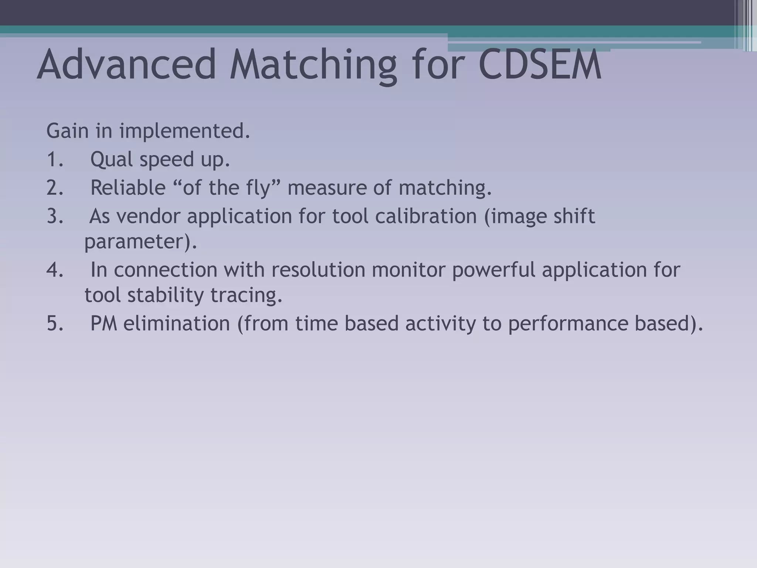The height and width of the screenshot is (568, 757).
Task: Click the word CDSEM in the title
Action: click(x=540, y=65)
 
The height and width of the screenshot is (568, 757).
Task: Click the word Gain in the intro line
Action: click(x=68, y=131)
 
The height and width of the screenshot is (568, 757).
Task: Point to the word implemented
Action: click(x=184, y=132)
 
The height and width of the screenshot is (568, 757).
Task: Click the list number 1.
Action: click(x=55, y=159)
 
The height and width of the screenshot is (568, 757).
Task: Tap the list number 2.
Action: click(x=55, y=187)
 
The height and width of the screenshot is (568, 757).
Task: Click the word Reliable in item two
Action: click(x=128, y=187)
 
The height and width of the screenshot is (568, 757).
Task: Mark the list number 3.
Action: click(x=55, y=216)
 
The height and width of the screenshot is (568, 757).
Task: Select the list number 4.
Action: click(x=55, y=270)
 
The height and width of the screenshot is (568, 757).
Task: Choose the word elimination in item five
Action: click(x=177, y=323)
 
